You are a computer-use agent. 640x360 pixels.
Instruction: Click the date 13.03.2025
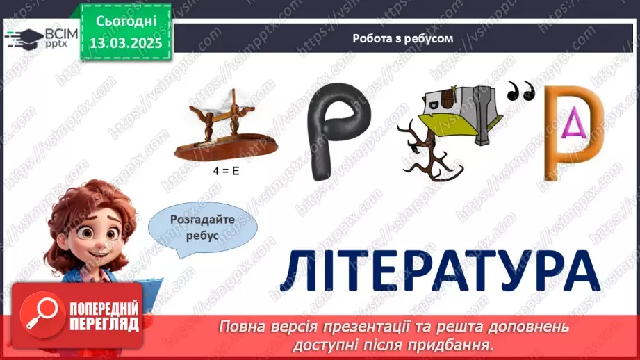[x=126, y=43]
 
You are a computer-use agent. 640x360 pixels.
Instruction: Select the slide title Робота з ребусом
[x=403, y=39]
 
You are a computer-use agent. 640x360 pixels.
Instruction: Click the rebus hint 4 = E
[x=226, y=170]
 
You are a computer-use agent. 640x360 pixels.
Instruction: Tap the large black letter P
[x=338, y=131]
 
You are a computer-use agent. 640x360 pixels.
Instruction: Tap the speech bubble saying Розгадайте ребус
[x=202, y=227]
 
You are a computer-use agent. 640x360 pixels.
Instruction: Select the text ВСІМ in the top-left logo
[x=58, y=33]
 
